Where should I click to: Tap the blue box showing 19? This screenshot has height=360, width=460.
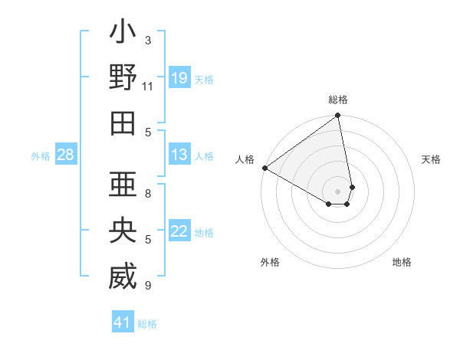click(x=179, y=78)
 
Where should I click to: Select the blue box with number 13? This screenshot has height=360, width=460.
click(x=179, y=155)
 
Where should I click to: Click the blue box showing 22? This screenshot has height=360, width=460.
click(x=179, y=232)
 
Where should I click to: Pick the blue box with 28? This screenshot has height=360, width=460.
click(x=66, y=155)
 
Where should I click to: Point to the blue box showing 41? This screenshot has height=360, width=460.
click(x=123, y=322)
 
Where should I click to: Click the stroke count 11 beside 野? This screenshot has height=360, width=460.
click(x=149, y=86)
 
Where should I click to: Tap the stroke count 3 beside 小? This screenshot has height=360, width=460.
click(x=148, y=40)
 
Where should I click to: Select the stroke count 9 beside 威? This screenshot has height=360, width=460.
click(x=148, y=286)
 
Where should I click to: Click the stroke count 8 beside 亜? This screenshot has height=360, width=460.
click(x=148, y=194)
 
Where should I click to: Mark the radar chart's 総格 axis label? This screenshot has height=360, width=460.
click(x=338, y=100)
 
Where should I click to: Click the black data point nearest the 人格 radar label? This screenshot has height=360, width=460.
click(x=264, y=168)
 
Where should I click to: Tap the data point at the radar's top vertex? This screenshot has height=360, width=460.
click(x=338, y=116)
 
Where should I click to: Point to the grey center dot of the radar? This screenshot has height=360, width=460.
click(x=338, y=190)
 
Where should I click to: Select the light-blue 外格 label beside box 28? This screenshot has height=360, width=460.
click(x=41, y=156)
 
